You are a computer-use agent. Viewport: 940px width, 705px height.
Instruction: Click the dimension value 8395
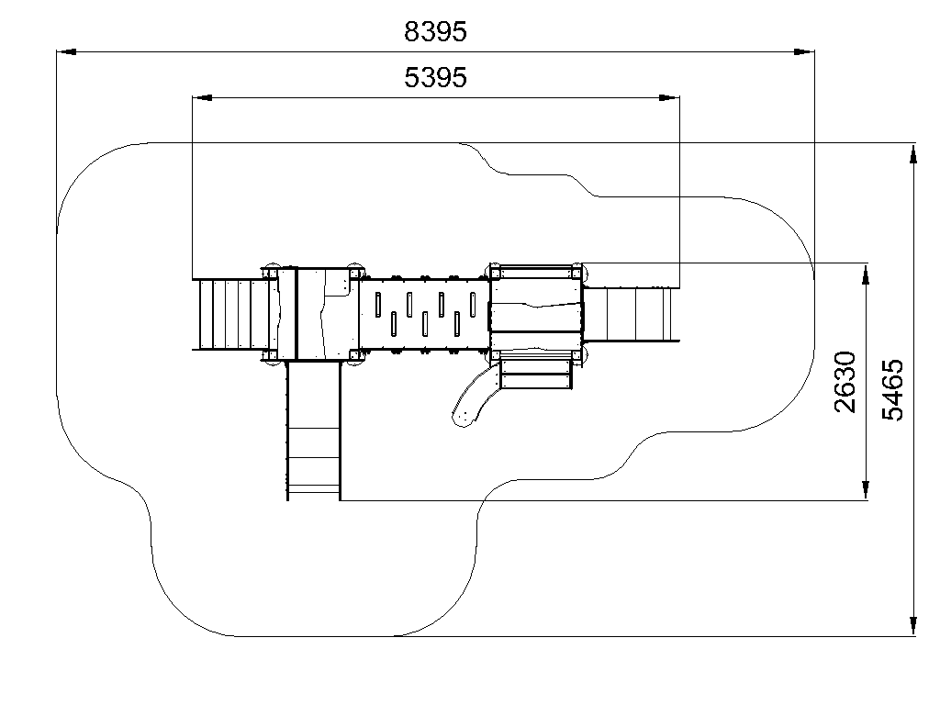click(435, 32)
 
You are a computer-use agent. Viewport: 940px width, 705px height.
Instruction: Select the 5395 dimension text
click(435, 77)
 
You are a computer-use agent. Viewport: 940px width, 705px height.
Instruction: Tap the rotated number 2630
click(845, 382)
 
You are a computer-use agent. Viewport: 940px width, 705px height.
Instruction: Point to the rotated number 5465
click(892, 389)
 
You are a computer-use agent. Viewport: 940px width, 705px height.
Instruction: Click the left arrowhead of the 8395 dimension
click(66, 52)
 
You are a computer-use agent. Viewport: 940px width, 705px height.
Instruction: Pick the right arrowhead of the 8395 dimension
click(804, 52)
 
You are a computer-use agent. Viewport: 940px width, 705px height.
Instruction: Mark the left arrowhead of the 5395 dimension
click(202, 97)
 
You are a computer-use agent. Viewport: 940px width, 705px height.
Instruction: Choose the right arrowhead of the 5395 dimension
click(669, 97)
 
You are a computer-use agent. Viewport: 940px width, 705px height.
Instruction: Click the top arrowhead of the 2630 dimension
click(866, 274)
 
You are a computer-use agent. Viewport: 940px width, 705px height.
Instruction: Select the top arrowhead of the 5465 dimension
click(913, 153)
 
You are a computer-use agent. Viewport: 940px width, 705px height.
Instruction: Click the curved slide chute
click(475, 396)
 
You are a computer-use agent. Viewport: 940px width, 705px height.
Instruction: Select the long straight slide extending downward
click(314, 431)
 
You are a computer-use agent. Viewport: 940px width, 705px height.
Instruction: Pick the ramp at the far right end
click(631, 315)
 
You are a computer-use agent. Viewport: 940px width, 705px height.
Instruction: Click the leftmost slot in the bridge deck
click(378, 305)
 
